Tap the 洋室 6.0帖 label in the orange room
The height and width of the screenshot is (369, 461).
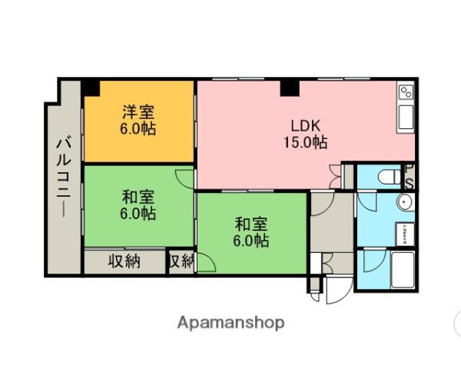[138, 120]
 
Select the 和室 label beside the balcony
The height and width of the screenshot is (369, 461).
[138, 204]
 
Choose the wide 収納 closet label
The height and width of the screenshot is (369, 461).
[124, 261]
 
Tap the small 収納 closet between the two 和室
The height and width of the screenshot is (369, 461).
[181, 261]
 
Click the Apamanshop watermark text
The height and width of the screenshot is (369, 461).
[230, 323]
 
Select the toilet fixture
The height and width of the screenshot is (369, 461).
[390, 177]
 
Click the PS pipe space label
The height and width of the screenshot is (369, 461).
[411, 178]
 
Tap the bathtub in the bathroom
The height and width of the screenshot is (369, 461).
[402, 269]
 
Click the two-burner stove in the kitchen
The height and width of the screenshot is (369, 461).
[406, 95]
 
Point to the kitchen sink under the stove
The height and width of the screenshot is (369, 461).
[406, 119]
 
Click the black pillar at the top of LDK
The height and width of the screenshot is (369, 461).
[290, 88]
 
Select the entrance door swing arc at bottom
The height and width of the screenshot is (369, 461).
[337, 291]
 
